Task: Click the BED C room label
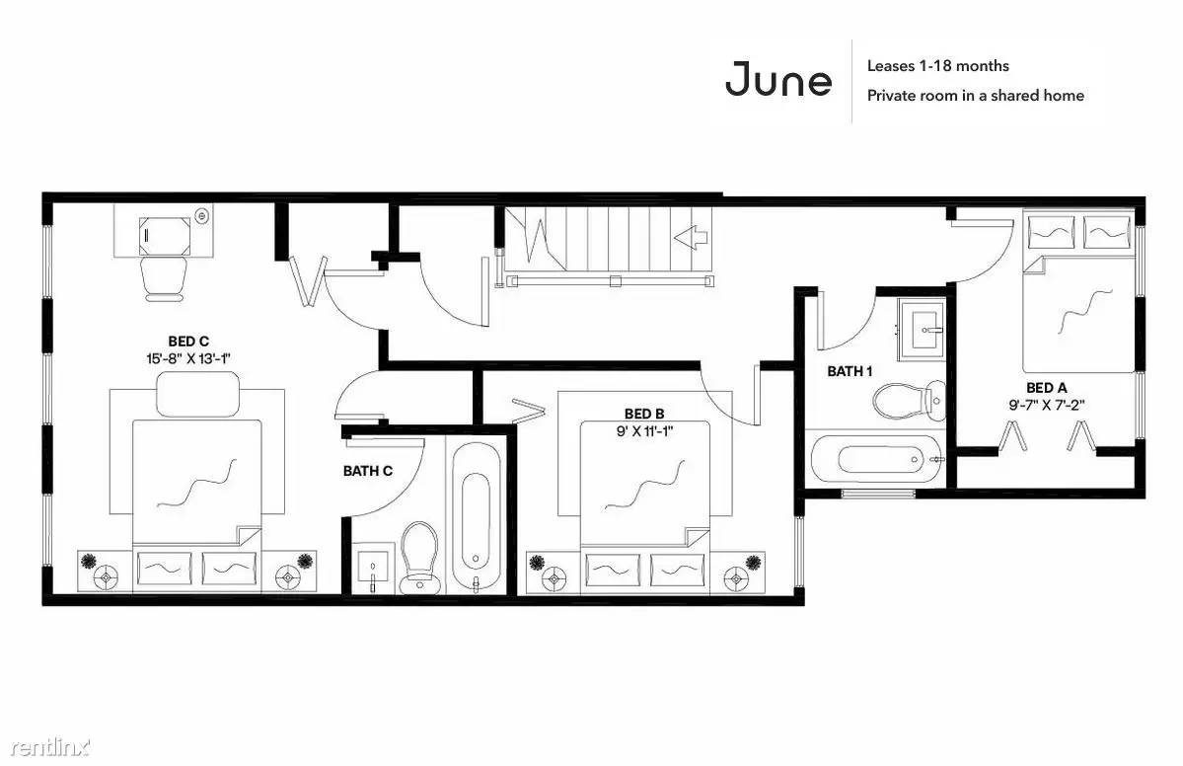[x=188, y=342]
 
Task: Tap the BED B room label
[x=644, y=414]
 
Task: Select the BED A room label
[x=1047, y=388]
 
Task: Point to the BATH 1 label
[x=850, y=371]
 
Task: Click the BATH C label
[x=367, y=471]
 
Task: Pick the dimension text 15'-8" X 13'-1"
[x=187, y=358]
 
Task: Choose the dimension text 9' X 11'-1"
[x=644, y=431]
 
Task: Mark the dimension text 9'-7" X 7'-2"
[x=1047, y=405]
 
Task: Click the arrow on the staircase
[x=691, y=238]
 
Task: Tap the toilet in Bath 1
[x=909, y=400]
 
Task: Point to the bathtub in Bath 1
[x=875, y=459]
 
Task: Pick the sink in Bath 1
[x=921, y=329]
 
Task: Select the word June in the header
[x=778, y=79]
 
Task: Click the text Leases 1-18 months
[x=937, y=66]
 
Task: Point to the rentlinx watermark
[x=50, y=747]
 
